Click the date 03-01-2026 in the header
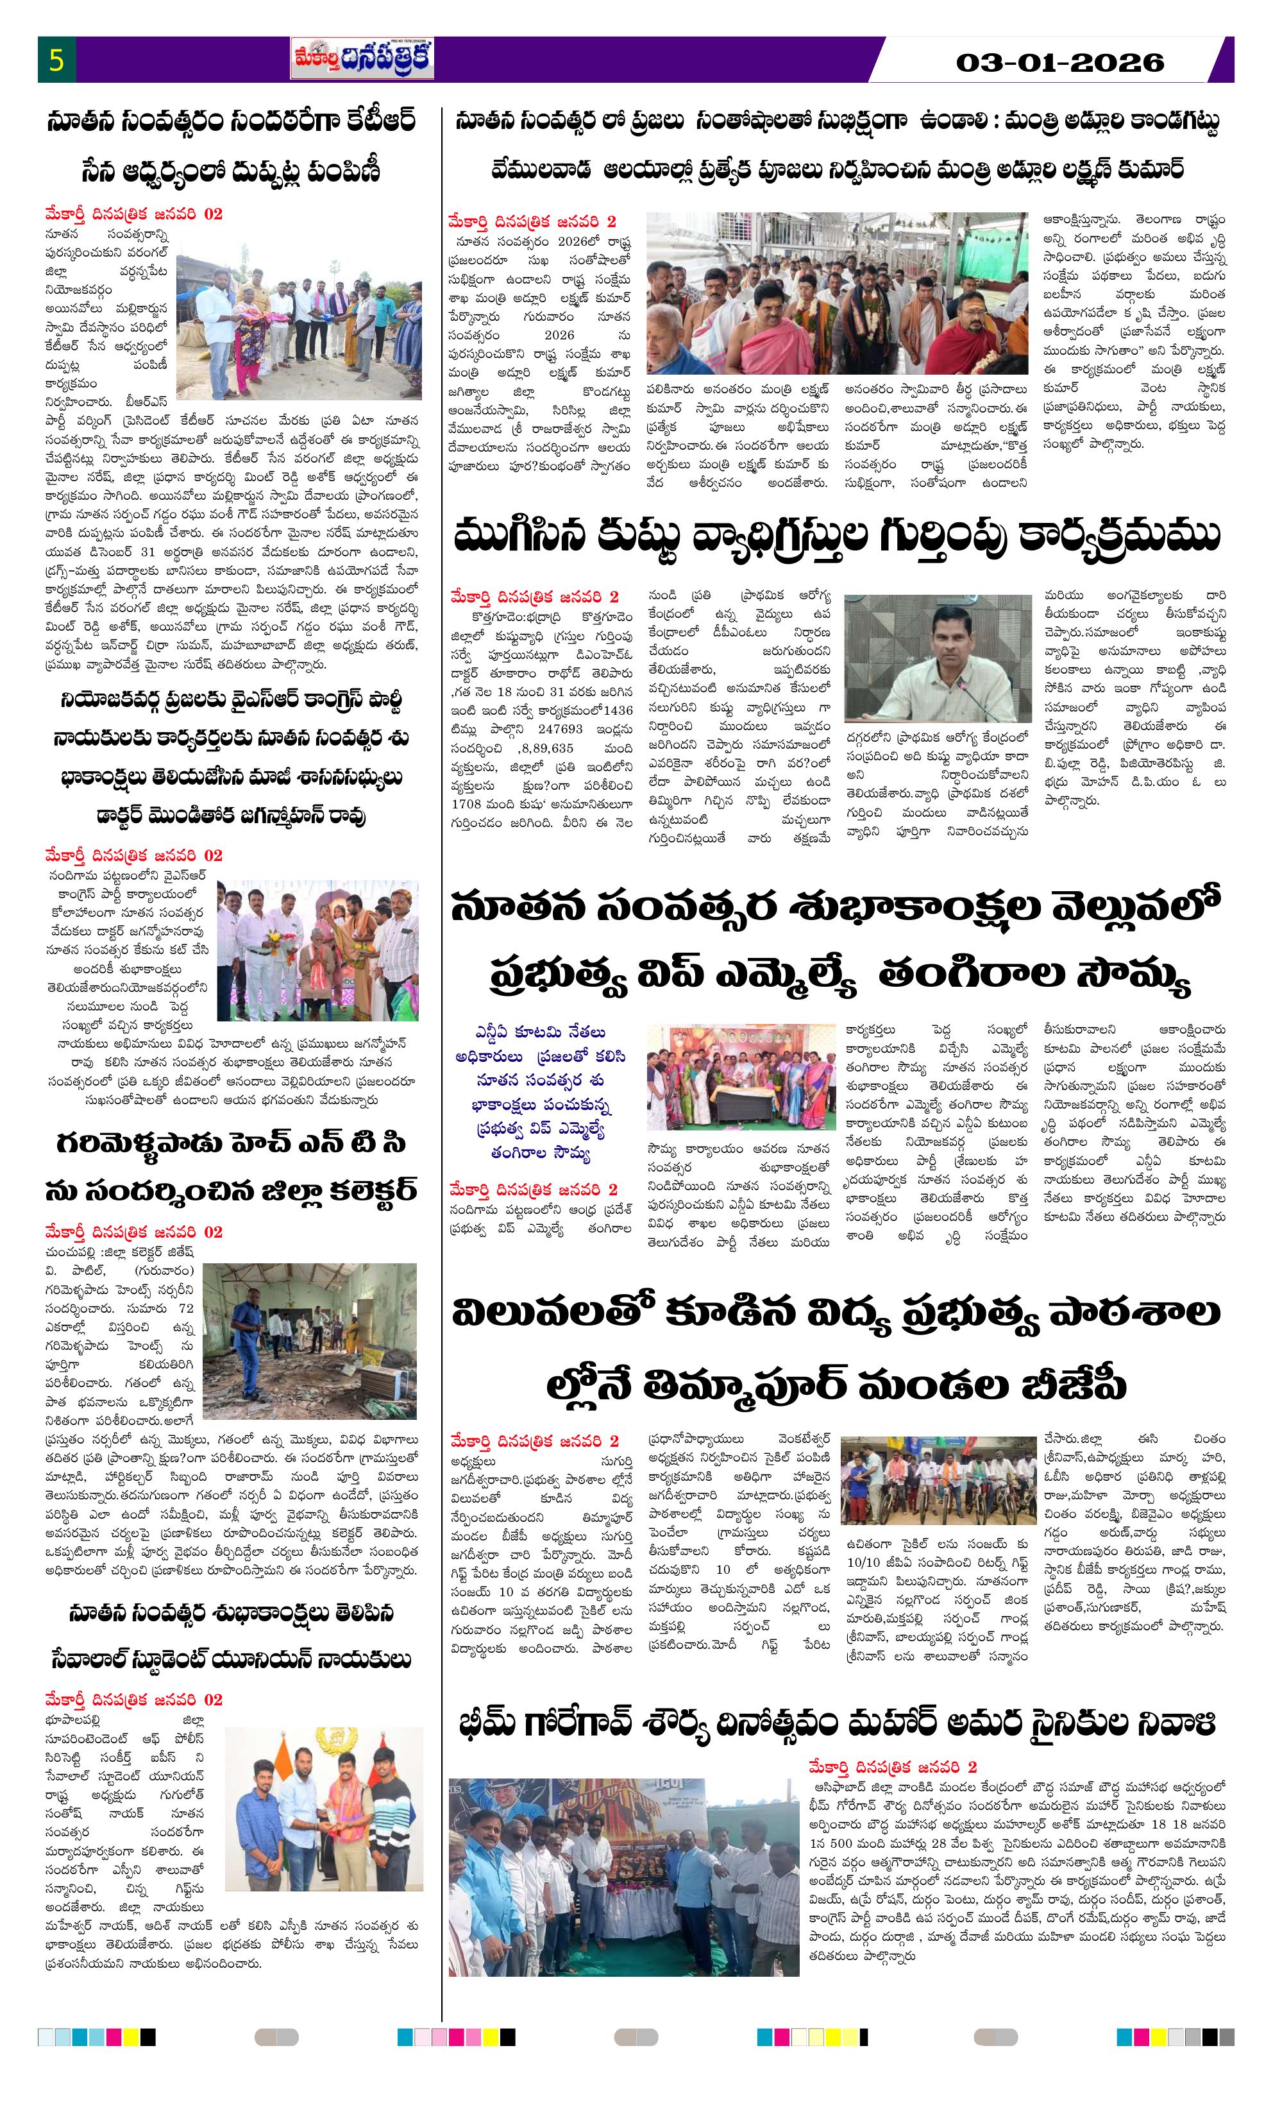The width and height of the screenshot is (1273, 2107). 1059,62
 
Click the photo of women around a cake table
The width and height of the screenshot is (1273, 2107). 740,1077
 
